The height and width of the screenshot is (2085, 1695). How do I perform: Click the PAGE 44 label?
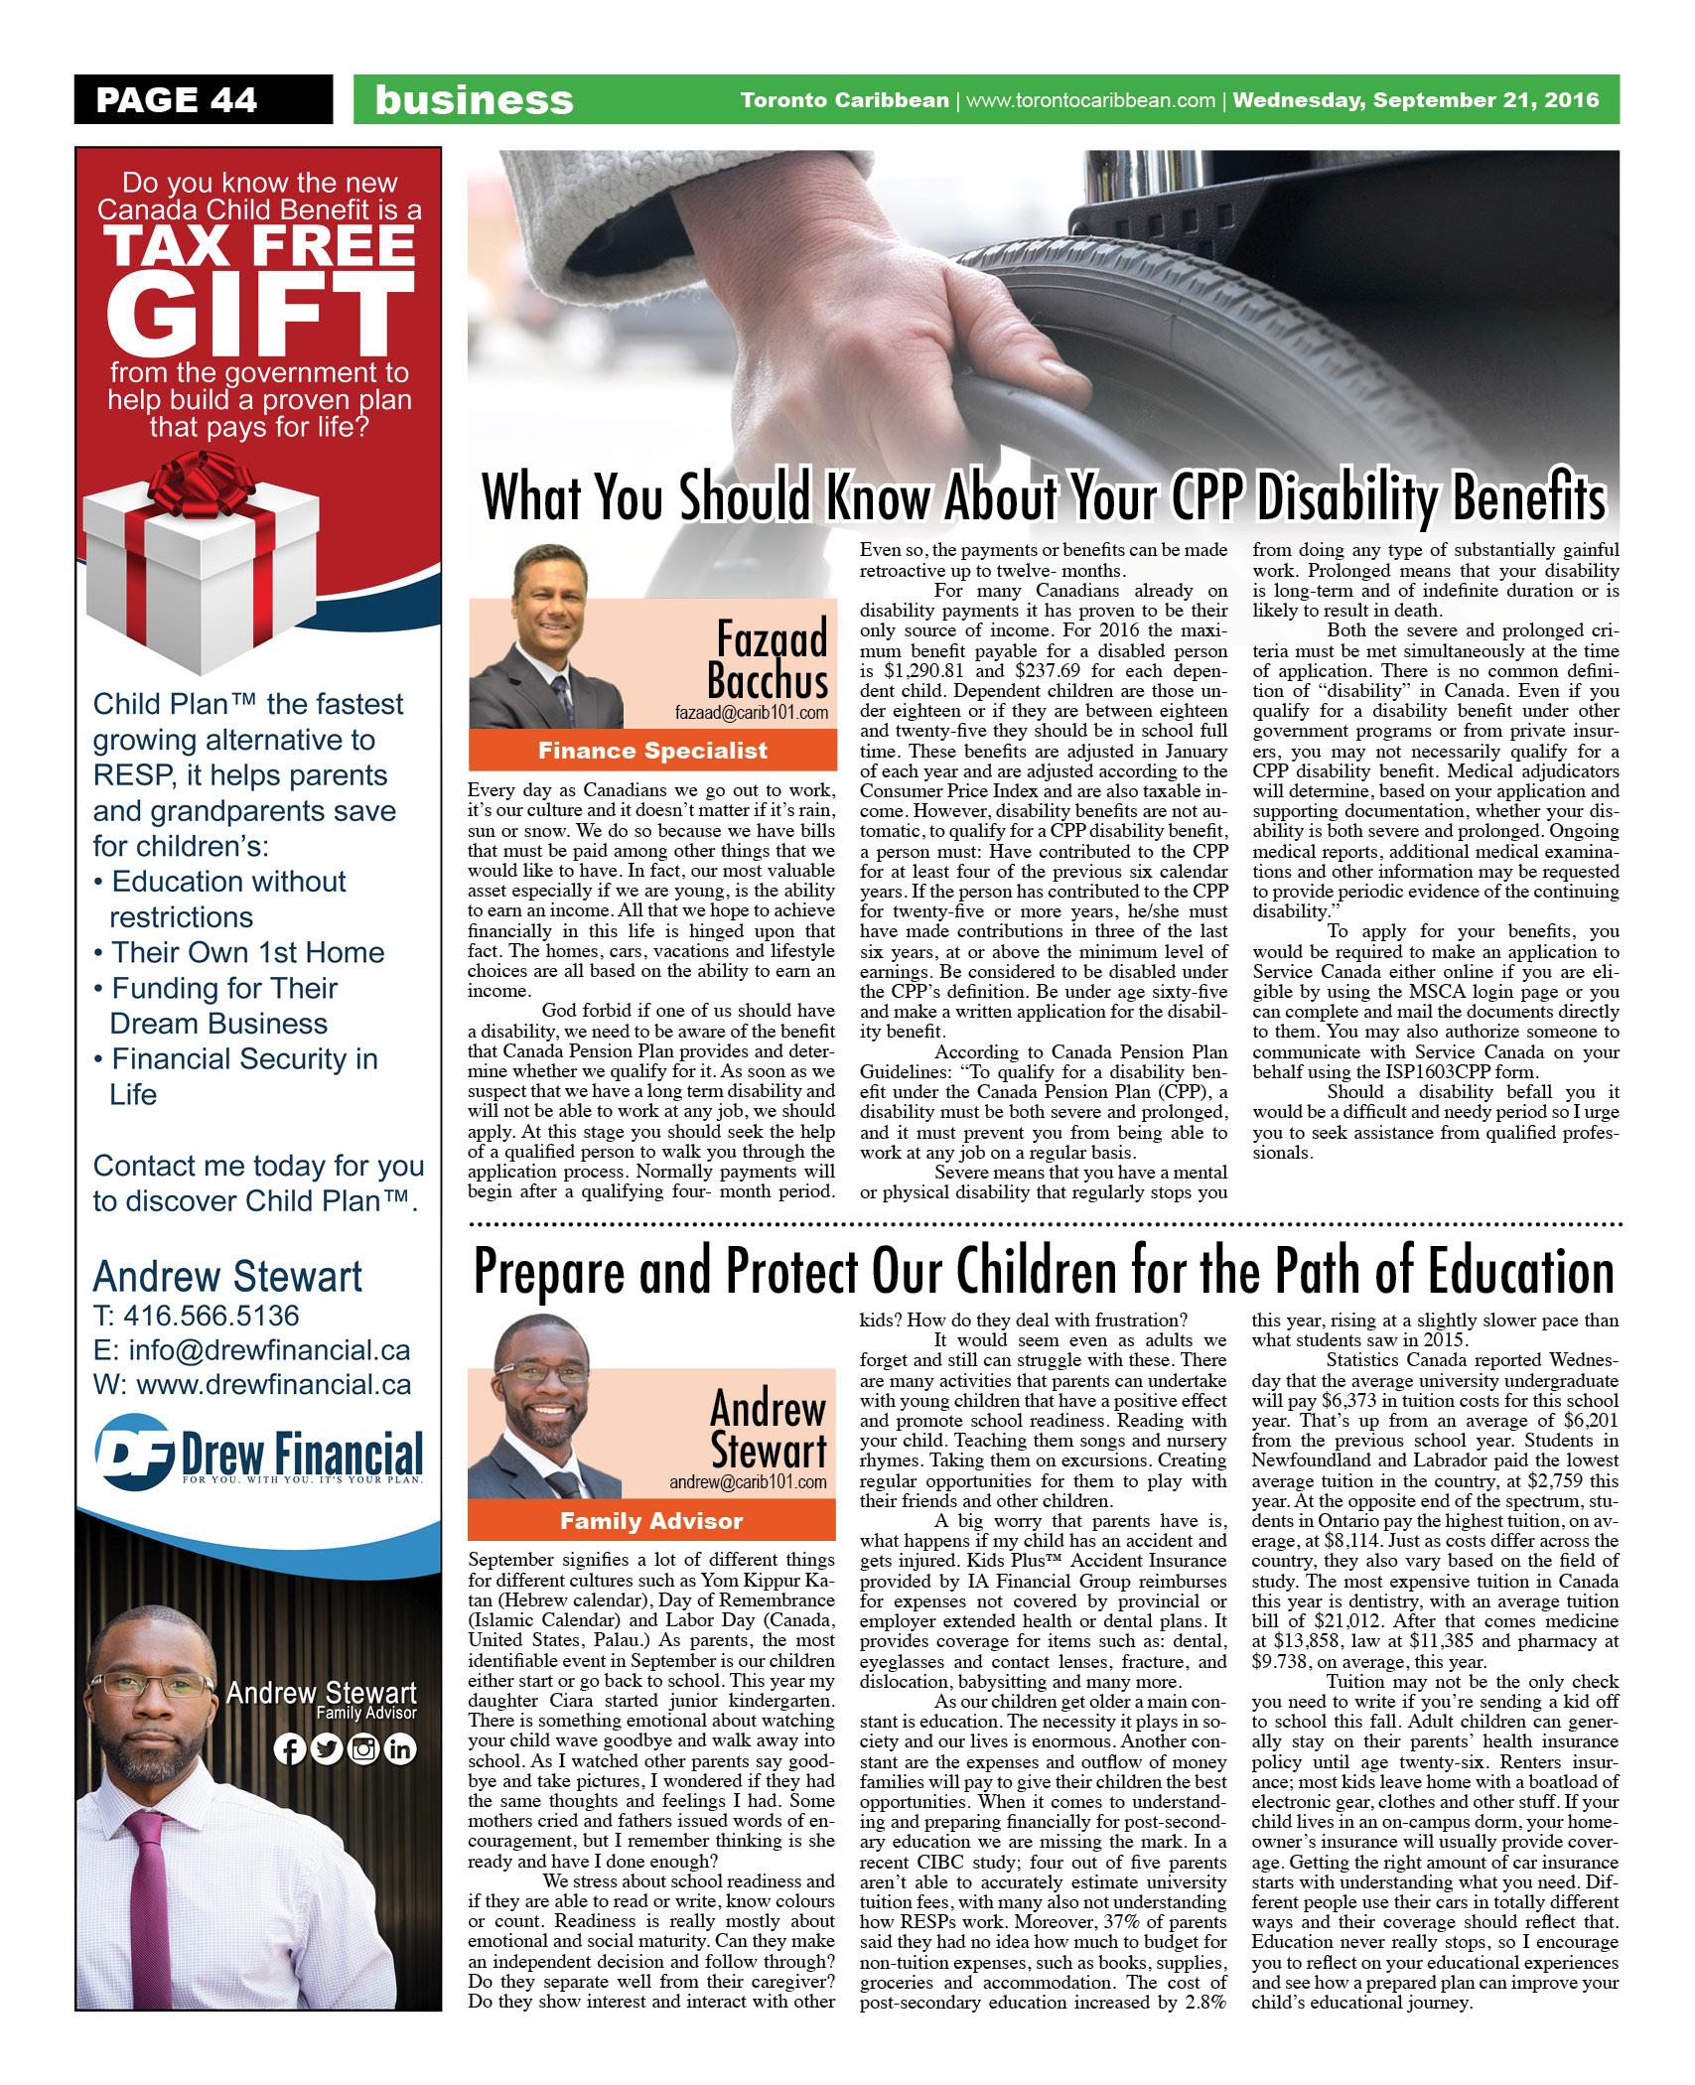(x=176, y=99)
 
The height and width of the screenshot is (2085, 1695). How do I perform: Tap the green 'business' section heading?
(x=474, y=99)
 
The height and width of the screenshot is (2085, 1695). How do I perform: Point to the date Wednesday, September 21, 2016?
(x=1416, y=99)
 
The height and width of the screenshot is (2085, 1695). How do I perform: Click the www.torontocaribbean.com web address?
(x=1090, y=99)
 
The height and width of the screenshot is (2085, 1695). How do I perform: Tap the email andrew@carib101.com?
(x=748, y=1481)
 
